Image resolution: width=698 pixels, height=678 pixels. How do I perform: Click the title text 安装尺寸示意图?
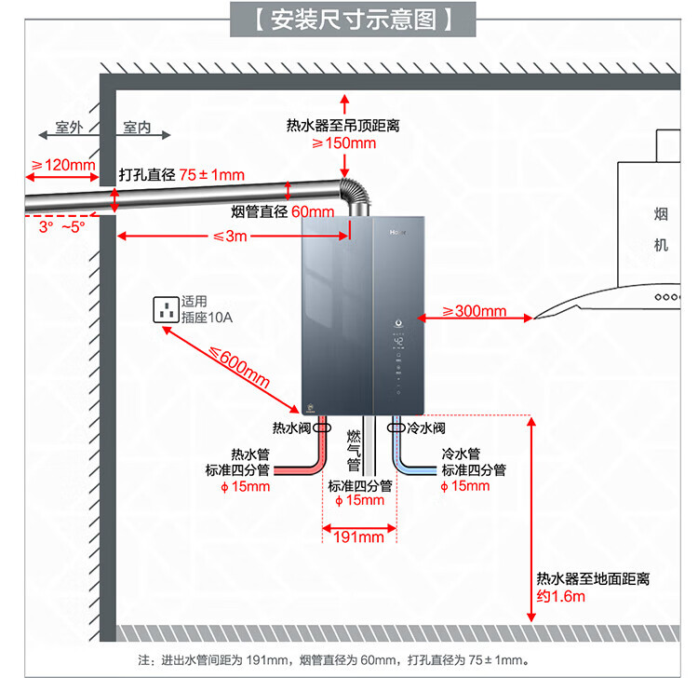(x=353, y=20)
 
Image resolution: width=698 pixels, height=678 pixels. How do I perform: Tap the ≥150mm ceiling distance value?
(x=344, y=143)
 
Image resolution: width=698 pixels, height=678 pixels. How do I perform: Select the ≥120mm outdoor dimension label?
(x=62, y=165)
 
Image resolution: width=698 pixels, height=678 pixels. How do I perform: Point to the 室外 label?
(x=69, y=127)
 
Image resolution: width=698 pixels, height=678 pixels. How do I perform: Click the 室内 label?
(x=137, y=127)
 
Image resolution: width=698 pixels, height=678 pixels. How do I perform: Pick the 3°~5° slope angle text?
(x=61, y=226)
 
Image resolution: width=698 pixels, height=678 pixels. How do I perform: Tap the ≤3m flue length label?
(x=230, y=236)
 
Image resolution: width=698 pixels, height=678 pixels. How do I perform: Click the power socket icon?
(x=167, y=309)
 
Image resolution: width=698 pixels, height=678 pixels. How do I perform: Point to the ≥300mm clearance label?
(x=474, y=311)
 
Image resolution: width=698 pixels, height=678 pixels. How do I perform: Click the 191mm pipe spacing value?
(x=359, y=536)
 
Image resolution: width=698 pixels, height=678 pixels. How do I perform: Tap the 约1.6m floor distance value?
(x=561, y=596)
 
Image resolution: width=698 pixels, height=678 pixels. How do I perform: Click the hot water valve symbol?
(x=322, y=427)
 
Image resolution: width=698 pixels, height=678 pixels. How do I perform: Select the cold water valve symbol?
(x=396, y=427)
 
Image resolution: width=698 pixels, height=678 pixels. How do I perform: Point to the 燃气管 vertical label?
(x=354, y=451)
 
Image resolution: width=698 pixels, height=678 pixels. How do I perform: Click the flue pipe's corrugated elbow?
(x=356, y=192)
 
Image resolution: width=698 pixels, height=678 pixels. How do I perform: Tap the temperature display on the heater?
(x=398, y=342)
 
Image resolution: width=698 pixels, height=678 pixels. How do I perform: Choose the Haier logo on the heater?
(x=398, y=232)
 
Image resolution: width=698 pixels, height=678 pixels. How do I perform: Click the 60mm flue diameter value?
(x=313, y=211)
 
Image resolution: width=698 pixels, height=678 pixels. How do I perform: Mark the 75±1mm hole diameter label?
(x=212, y=175)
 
